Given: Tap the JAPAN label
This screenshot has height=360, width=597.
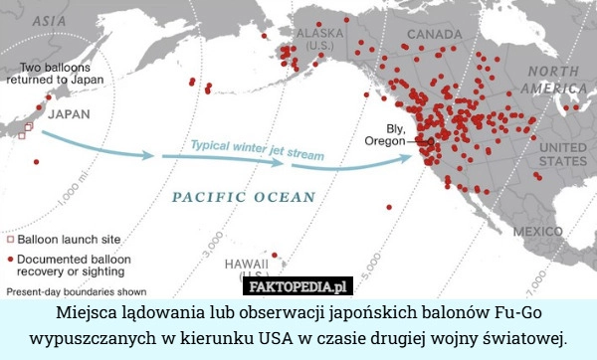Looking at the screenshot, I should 70,113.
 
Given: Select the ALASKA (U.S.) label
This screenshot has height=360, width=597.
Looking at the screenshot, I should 320,39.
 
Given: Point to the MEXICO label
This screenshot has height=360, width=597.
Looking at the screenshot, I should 538,231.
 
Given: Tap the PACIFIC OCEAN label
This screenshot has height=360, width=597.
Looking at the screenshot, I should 244,197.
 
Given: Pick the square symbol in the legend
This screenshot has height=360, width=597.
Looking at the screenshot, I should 11,240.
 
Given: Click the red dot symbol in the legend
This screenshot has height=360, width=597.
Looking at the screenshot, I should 11,258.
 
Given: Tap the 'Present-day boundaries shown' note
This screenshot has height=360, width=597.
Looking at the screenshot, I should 77,292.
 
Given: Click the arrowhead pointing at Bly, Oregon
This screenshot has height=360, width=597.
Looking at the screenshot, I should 418,156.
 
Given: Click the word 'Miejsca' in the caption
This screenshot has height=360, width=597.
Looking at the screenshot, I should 79,312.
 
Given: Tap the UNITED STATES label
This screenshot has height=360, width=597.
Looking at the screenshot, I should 562,153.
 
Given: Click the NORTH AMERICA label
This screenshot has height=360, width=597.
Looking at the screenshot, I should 558,80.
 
